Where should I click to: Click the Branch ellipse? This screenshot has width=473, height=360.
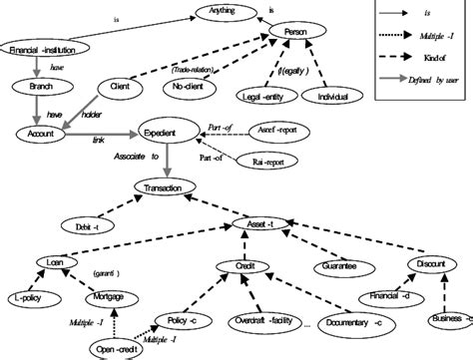point(40,86)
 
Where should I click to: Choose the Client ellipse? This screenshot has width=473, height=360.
point(121,88)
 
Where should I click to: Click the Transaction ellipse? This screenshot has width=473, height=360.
point(171,188)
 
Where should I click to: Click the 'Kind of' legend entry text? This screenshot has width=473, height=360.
point(435,58)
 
